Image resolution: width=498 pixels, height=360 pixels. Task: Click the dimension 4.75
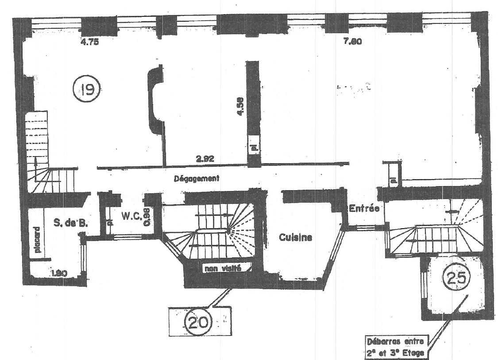pyautogui.click(x=89, y=43)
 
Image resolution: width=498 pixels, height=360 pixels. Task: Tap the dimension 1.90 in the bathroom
pyautogui.click(x=58, y=273)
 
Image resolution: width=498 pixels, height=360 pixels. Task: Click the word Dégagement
pyautogui.click(x=197, y=179)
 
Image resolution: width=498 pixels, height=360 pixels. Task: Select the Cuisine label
pyautogui.click(x=295, y=237)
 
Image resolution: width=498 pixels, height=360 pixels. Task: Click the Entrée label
pyautogui.click(x=364, y=209)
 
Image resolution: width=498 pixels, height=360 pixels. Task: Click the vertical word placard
pyautogui.click(x=38, y=240)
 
